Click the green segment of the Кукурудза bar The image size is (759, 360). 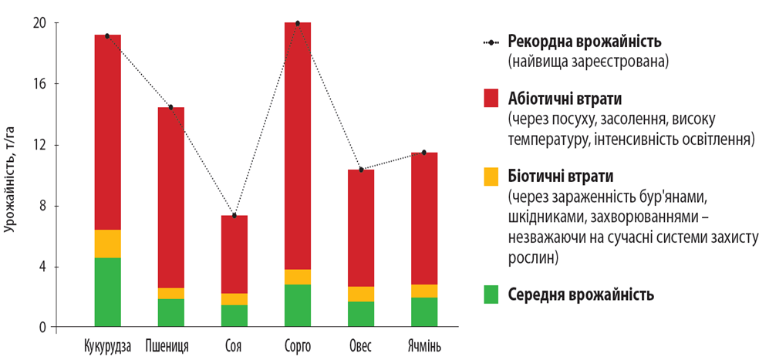coord(107,292)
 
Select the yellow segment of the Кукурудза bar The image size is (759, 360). coord(107,244)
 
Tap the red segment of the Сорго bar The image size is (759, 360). coord(297,146)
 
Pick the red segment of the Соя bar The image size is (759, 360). coord(234,254)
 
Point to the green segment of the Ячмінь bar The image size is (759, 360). coord(423,312)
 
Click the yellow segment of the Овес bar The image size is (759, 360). coord(360,294)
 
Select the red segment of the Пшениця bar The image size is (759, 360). coord(170,197)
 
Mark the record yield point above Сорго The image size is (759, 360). coord(297,23)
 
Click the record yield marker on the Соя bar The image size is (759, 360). coord(234,216)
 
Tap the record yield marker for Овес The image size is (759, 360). coord(360,170)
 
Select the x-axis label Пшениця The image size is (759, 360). coord(170,345)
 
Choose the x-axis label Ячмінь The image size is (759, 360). coord(423,345)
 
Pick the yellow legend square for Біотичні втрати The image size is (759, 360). coord(491,177)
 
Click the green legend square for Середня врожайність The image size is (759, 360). coord(491,294)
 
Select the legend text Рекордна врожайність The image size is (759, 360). coord(585,41)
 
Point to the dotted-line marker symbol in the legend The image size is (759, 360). coord(491,42)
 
